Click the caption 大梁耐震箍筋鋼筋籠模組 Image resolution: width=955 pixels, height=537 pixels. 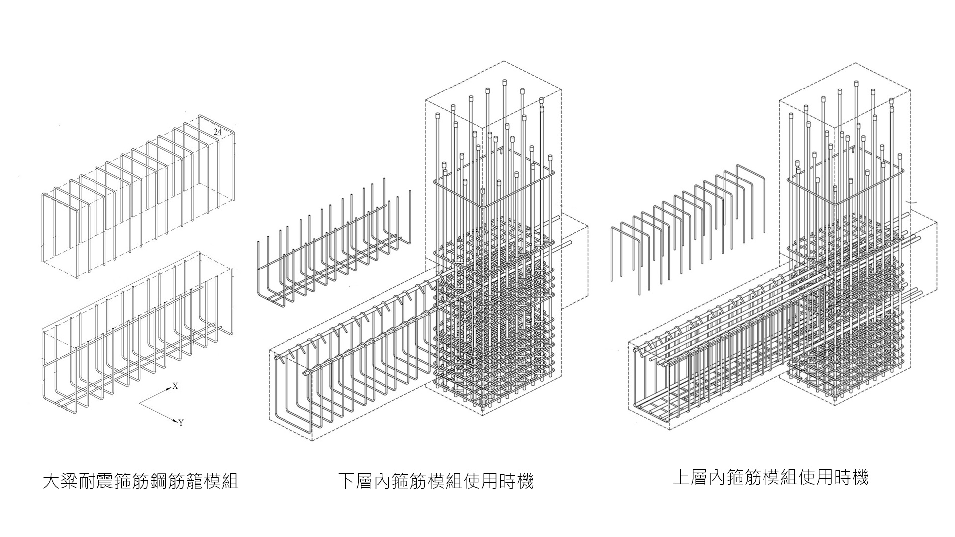click(141, 481)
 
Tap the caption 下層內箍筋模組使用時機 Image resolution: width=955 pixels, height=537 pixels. click(436, 481)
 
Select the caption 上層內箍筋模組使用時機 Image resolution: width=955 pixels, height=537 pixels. click(770, 478)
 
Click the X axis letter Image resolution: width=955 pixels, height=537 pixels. click(175, 386)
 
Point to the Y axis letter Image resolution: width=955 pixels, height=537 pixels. click(181, 423)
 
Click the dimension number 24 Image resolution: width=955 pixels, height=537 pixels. click(217, 132)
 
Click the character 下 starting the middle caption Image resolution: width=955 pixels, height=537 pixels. click(347, 481)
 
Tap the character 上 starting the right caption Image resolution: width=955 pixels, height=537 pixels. click(681, 478)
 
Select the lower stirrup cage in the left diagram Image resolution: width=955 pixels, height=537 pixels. click(137, 338)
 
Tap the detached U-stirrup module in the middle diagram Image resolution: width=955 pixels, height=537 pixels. click(333, 249)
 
